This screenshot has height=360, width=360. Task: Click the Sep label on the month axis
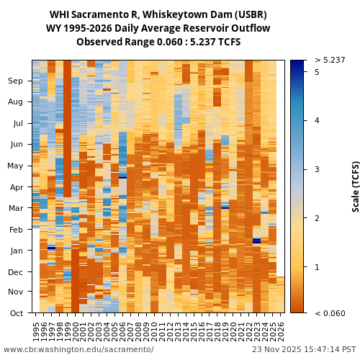15,81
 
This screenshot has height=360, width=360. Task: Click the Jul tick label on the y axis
17,124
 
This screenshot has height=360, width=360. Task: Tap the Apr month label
16,187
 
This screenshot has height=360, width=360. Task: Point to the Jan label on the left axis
17,251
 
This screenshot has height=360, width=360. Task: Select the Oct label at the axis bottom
16,313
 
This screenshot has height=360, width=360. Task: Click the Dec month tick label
16,272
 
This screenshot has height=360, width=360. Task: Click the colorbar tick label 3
317,169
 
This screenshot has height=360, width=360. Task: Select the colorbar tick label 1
317,267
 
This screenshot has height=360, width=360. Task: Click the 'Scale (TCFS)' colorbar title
355,186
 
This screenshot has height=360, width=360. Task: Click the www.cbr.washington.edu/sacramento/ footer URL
78,350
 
